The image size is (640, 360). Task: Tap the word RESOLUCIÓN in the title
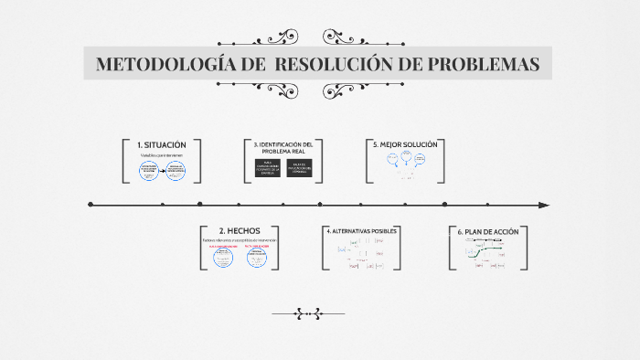pos(335,65)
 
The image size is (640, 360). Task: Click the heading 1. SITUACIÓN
pos(161,145)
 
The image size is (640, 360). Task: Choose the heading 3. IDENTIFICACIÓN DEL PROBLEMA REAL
pos(283,148)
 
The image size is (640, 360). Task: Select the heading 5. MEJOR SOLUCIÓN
pos(406,144)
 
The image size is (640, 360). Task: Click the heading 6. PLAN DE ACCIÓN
pos(488,232)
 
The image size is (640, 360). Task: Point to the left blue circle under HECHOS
pos(222,258)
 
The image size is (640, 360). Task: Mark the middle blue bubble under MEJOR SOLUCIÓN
pos(406,157)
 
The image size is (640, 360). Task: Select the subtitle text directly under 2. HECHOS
pos(239,239)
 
